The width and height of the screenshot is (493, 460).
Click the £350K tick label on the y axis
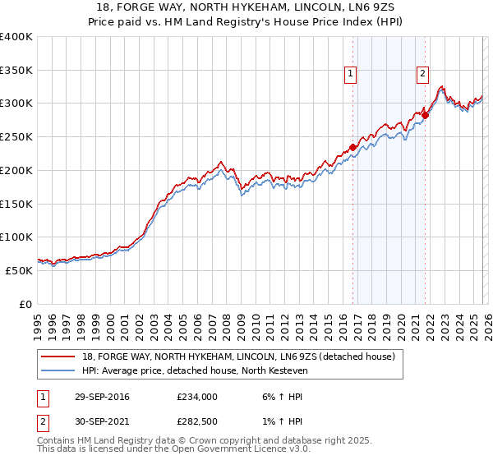[16, 71]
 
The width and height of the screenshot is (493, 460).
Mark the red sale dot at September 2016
[352, 148]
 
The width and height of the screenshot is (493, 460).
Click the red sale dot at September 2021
[426, 116]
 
